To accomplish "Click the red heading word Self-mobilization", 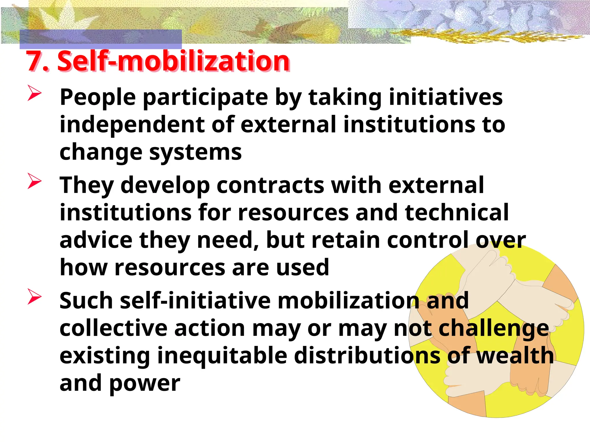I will tap(173, 61).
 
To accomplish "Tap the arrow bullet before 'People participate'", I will tap(34, 93).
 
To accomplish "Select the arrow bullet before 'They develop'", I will tap(34, 181).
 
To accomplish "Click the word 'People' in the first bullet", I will tap(98, 98).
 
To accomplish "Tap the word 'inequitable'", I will tap(222, 356).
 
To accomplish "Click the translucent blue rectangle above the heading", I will tap(101, 39).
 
